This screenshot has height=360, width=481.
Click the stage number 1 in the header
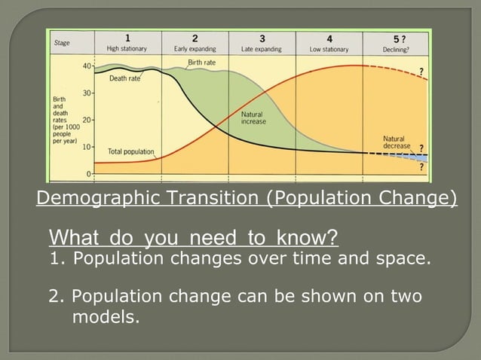[x=127, y=38]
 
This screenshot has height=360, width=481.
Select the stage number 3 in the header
[x=262, y=38]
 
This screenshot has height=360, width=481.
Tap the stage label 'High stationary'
[x=127, y=49]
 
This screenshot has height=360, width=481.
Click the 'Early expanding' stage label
[x=195, y=49]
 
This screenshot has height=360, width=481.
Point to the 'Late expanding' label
[x=262, y=49]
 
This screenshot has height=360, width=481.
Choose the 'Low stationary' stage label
[x=329, y=49]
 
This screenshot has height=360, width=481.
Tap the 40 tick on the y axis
[x=87, y=66]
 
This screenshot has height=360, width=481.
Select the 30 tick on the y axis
[x=87, y=93]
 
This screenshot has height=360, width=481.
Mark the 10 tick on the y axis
[x=87, y=146]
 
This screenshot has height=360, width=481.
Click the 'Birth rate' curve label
[x=201, y=62]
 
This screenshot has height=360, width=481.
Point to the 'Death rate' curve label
[x=124, y=78]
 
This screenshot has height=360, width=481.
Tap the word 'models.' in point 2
[x=106, y=317]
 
